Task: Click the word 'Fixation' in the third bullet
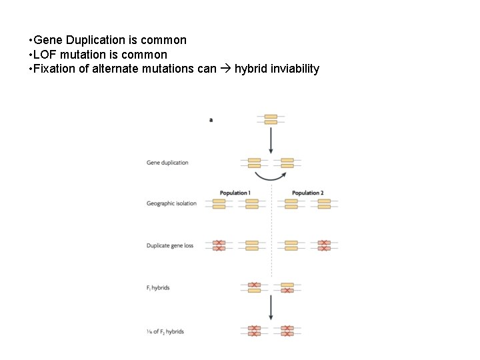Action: point(53,69)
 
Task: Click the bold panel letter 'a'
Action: point(211,120)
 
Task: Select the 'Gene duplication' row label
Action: point(167,163)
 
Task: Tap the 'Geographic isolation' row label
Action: point(171,203)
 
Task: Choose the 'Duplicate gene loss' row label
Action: point(170,246)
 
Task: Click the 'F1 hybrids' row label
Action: point(158,288)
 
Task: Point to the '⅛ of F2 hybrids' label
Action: point(165,331)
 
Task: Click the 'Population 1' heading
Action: point(235,193)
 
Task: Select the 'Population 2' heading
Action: point(307,193)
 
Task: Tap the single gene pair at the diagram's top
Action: point(271,119)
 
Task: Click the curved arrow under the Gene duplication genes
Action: point(271,177)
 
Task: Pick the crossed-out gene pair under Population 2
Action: point(324,246)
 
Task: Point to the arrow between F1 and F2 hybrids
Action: point(271,308)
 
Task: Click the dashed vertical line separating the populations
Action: point(271,233)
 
